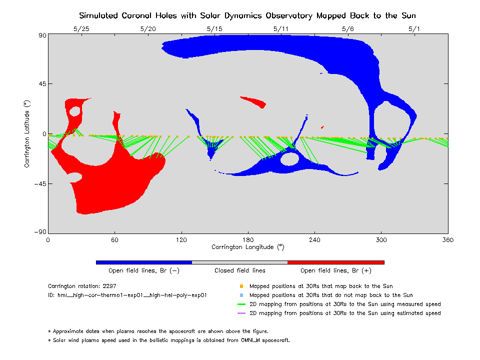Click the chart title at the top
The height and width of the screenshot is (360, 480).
(x=247, y=15)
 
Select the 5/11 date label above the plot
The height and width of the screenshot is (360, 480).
(x=281, y=29)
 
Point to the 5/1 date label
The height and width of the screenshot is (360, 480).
(x=414, y=29)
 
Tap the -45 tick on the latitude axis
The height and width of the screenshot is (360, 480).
(x=39, y=183)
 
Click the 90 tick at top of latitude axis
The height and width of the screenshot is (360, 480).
(x=41, y=35)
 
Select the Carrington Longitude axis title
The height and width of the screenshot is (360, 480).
(x=247, y=247)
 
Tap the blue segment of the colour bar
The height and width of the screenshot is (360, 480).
(x=144, y=262)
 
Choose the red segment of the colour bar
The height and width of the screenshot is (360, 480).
(x=335, y=262)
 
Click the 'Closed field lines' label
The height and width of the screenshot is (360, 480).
(x=240, y=270)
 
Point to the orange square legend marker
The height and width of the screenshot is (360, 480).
(x=241, y=286)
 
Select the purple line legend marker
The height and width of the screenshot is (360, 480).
(x=241, y=313)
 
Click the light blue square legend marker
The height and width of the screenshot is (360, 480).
(x=241, y=295)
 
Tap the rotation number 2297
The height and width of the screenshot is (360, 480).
(x=108, y=286)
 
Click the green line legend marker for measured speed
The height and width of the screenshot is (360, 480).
(x=241, y=304)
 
